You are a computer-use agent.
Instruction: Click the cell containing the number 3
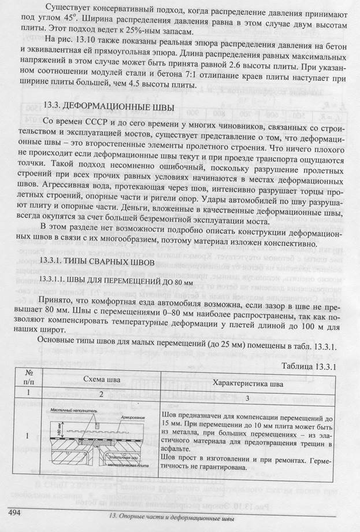(x=248, y=398)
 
